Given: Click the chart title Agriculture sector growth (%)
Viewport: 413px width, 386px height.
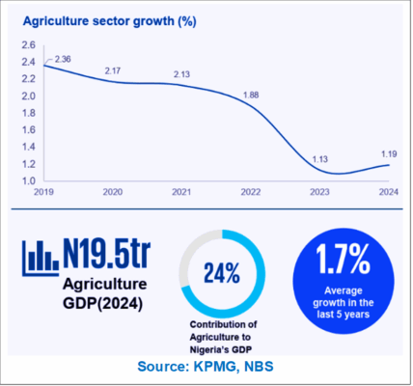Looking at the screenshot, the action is (110, 21).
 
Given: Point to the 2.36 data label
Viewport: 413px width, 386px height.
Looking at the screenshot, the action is (63, 59).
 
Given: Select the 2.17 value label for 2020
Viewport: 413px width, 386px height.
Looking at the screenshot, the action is (113, 70).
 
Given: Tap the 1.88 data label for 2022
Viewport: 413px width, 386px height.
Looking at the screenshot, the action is (251, 95).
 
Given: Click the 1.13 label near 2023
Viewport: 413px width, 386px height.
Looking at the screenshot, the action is (320, 159).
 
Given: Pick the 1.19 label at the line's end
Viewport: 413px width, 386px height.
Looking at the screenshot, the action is (389, 154).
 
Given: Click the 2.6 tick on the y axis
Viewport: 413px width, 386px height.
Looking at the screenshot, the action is (29, 44).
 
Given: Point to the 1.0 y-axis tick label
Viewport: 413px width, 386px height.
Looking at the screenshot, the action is (29, 180).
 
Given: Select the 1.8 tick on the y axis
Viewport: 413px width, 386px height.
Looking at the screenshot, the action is (29, 113).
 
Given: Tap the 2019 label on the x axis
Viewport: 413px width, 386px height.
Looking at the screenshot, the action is (43, 192).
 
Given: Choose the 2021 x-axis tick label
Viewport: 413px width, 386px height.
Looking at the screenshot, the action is (181, 192).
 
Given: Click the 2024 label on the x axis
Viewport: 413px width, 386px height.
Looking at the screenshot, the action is (389, 192).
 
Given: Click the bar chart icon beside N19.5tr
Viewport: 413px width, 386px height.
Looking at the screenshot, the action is (41, 259).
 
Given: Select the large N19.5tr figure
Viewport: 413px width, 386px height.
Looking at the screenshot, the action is (107, 253).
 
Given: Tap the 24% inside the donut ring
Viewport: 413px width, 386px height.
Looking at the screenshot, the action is (222, 273).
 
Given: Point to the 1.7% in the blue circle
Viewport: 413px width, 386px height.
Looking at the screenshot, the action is (344, 259).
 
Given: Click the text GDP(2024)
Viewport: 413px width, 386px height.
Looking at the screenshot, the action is (103, 303).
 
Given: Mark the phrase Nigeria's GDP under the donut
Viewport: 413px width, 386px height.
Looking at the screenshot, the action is (221, 349).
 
